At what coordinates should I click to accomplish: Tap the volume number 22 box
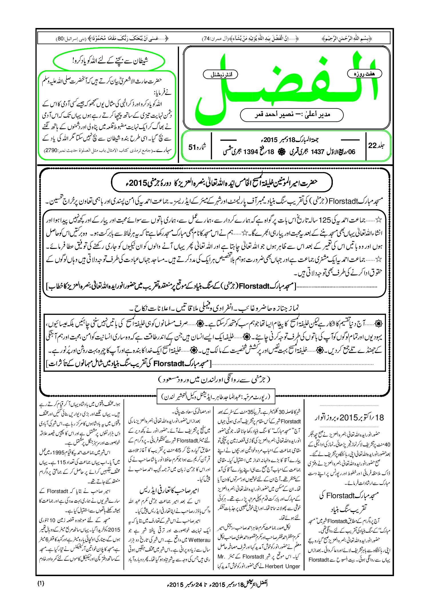[376, 145]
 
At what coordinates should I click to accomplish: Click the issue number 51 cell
[197, 147]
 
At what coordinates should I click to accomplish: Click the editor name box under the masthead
[292, 115]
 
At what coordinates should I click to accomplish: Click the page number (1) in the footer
[41, 583]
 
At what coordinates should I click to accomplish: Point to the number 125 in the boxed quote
[325, 220]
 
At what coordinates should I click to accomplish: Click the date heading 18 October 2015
[349, 418]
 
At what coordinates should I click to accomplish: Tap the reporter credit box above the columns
[216, 396]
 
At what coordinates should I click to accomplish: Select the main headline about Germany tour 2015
[222, 182]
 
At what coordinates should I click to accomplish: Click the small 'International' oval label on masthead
[220, 75]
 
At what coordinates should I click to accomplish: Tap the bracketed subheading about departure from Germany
[214, 380]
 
